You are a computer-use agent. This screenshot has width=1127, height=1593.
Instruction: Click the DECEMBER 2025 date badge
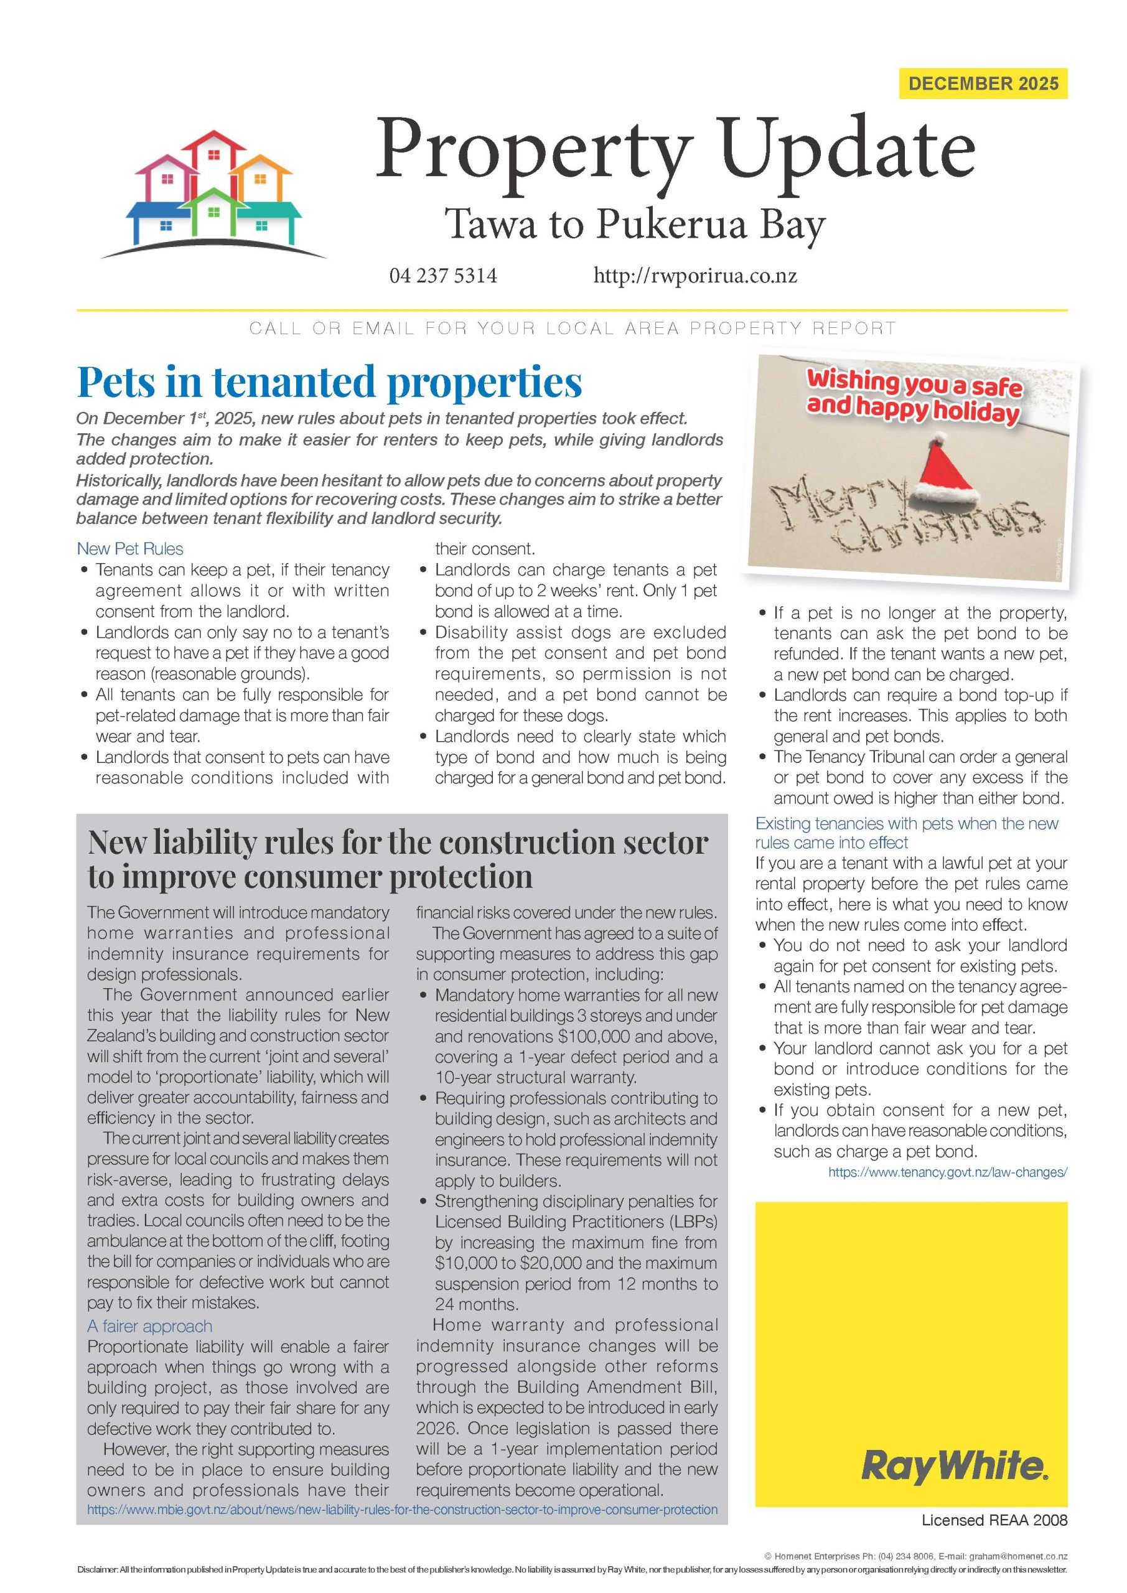pos(983,84)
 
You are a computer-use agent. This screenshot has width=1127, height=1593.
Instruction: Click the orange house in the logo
pos(260,180)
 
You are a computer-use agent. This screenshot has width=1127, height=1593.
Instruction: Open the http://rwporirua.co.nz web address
pos(694,276)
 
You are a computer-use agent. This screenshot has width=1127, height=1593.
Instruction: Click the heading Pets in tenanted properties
pos(329,381)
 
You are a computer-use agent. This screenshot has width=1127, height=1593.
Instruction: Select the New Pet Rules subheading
pos(130,549)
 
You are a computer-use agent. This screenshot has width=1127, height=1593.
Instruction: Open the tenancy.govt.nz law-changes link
pos(947,1172)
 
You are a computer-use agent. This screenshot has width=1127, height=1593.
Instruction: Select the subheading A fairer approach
pos(149,1326)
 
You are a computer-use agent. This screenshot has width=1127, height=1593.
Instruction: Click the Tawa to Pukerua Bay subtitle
pos(634,225)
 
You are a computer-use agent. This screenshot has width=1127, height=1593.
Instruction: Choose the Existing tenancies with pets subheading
pos(906,833)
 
